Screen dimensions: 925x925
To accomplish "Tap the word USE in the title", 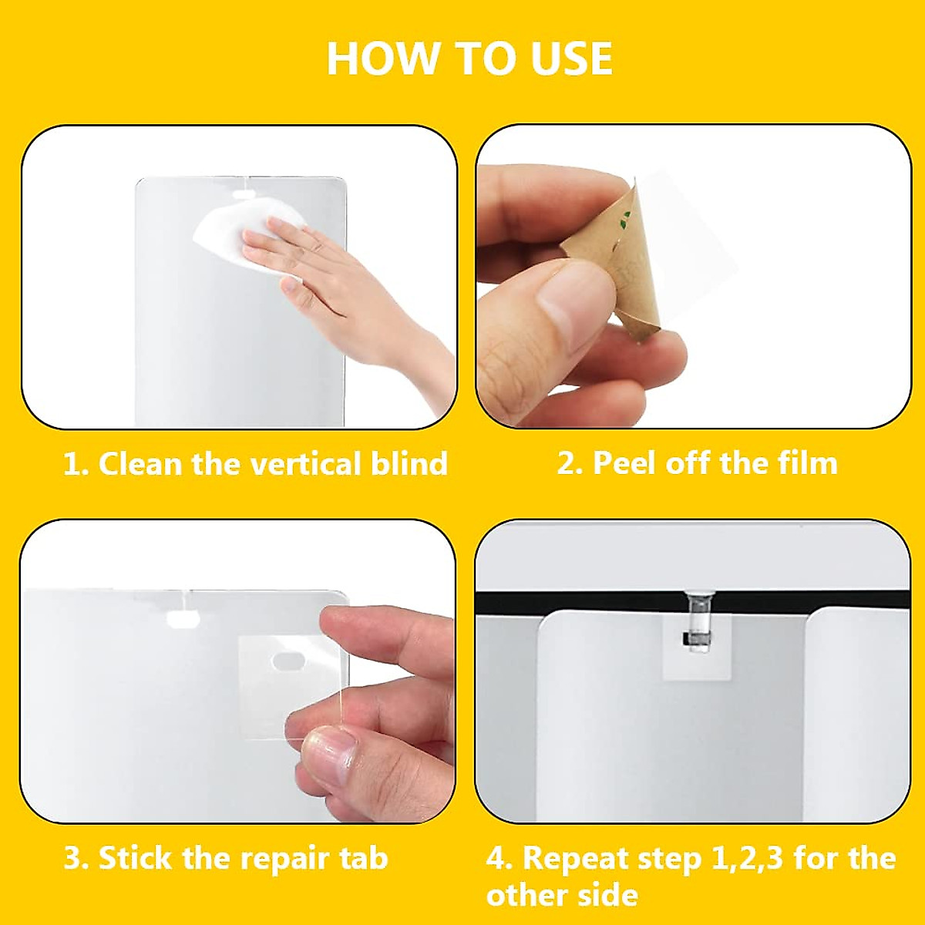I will [571, 59].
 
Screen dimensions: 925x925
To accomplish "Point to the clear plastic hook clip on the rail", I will [698, 621].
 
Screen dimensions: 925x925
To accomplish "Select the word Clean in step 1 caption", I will [140, 464].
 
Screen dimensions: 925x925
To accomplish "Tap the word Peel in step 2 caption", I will [624, 463].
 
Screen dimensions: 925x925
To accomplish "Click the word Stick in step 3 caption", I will [136, 858].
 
